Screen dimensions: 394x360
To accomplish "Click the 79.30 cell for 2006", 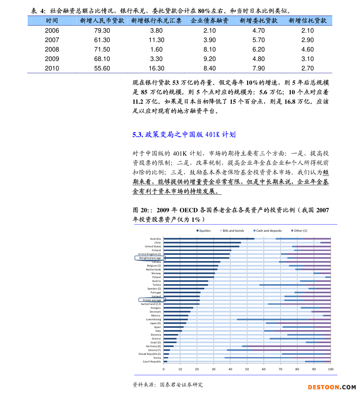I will [x=102, y=31].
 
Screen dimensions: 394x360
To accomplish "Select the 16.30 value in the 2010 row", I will [x=156, y=68].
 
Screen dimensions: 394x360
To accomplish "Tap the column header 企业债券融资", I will [x=209, y=21].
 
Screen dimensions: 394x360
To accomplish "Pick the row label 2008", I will [x=52, y=49].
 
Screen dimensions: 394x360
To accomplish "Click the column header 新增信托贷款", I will [x=307, y=21].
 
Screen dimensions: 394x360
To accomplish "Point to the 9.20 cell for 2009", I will [x=209, y=59].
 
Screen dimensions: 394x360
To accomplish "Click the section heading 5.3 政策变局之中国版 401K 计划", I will [x=184, y=135].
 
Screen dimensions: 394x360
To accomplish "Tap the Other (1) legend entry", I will [x=299, y=231].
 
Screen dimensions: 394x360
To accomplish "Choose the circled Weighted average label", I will [x=150, y=258].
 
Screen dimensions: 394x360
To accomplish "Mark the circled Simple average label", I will [x=152, y=300].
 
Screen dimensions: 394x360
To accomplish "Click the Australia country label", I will [x=155, y=239].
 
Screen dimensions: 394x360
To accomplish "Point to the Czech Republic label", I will [x=152, y=362].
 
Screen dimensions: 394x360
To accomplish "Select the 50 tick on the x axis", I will [x=247, y=369].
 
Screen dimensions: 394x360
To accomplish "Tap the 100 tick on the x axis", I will [x=331, y=369].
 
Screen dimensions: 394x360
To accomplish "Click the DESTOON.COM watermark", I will [x=332, y=387].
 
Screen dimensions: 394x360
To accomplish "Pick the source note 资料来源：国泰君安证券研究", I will [x=167, y=385].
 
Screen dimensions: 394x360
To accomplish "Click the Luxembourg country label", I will [x=154, y=319].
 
